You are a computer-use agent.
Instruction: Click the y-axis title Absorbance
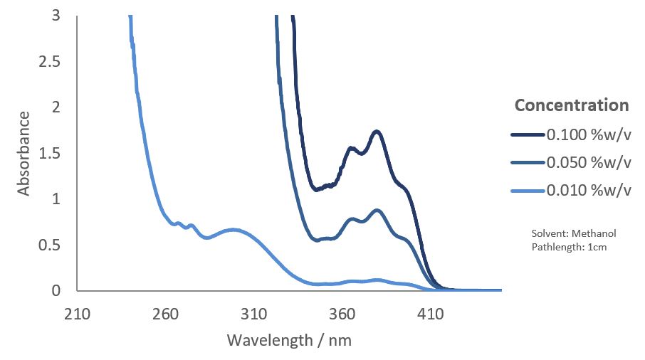coord(23,153)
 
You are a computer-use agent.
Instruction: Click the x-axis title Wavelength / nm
coord(289,340)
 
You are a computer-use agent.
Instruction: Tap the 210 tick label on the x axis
coord(77,314)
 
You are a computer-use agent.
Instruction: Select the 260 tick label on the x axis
coord(165,314)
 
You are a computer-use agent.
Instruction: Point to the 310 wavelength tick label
coord(253,314)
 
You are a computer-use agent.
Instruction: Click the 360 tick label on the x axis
coord(342,314)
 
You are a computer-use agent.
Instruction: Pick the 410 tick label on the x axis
coord(430,314)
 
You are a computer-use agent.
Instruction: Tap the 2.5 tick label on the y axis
coord(49,62)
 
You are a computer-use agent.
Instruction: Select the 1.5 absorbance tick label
coord(49,154)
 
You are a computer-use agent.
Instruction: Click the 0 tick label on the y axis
coord(56,291)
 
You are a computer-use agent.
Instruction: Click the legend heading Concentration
coord(572,105)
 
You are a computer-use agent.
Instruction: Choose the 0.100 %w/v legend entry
coord(588,134)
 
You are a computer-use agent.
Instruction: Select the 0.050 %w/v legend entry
coord(588,162)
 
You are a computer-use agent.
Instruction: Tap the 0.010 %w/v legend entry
coord(588,190)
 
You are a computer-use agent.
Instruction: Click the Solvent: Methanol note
coord(573,233)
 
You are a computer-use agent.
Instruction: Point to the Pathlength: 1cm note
coord(567,247)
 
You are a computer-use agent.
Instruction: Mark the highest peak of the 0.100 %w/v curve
coord(377,132)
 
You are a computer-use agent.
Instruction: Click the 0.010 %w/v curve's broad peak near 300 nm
coord(234,230)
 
